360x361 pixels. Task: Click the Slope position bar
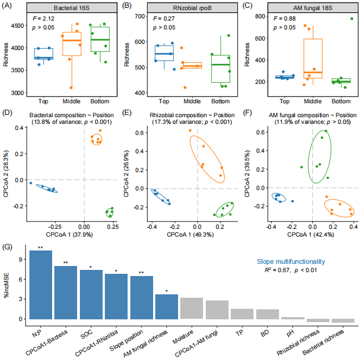click(x=141, y=298)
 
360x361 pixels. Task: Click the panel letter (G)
click(x=8, y=246)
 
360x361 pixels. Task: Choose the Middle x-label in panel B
click(x=192, y=101)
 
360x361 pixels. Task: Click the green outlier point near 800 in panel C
click(x=351, y=19)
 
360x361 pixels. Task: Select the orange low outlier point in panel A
click(x=70, y=87)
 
